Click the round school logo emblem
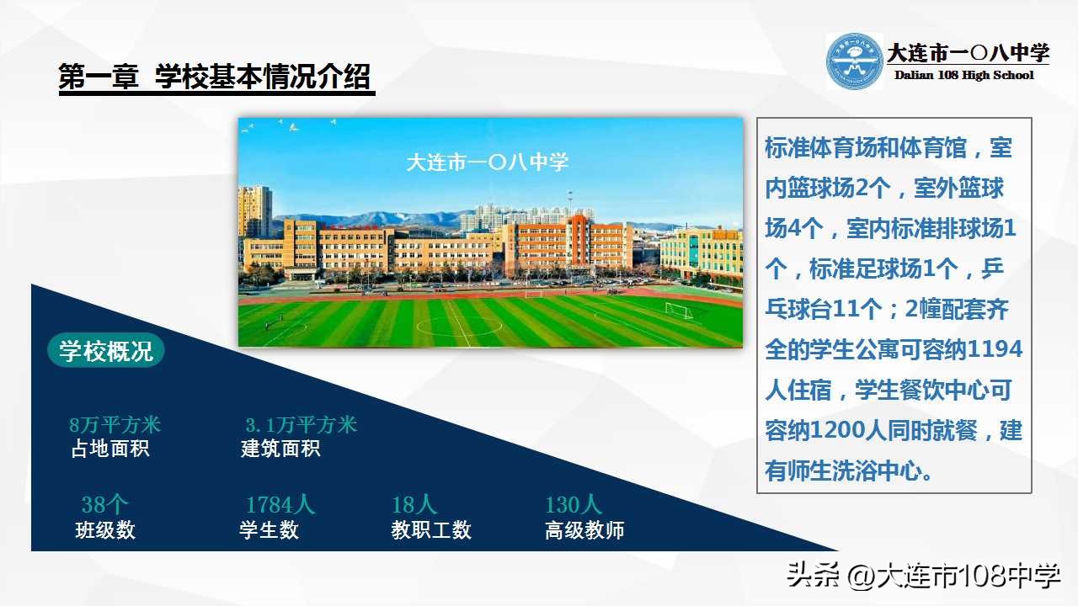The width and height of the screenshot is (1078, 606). tap(854, 61)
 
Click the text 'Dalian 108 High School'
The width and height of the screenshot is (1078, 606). tap(963, 76)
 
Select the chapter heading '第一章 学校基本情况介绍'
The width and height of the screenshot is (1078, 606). tap(215, 78)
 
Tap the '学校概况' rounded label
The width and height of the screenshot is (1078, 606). tap(106, 351)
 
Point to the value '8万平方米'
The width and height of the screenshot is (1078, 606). tap(115, 425)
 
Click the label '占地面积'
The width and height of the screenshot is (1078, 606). tap(109, 449)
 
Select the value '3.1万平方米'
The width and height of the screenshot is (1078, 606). tap(301, 425)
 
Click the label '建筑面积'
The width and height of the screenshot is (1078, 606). tap(280, 449)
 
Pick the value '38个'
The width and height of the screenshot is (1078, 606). tap(104, 505)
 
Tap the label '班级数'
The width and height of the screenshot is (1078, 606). tap(105, 530)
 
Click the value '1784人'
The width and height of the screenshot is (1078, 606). tap(280, 505)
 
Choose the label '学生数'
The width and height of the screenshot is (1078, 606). tap(269, 530)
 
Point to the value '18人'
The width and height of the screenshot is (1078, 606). tap(414, 505)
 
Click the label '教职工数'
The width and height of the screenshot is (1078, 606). tap(431, 530)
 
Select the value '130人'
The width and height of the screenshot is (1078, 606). tap(574, 505)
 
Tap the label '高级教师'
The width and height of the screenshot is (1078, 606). tap(584, 530)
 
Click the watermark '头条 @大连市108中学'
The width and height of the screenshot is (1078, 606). tap(923, 577)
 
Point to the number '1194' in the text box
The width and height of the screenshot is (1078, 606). tap(995, 349)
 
